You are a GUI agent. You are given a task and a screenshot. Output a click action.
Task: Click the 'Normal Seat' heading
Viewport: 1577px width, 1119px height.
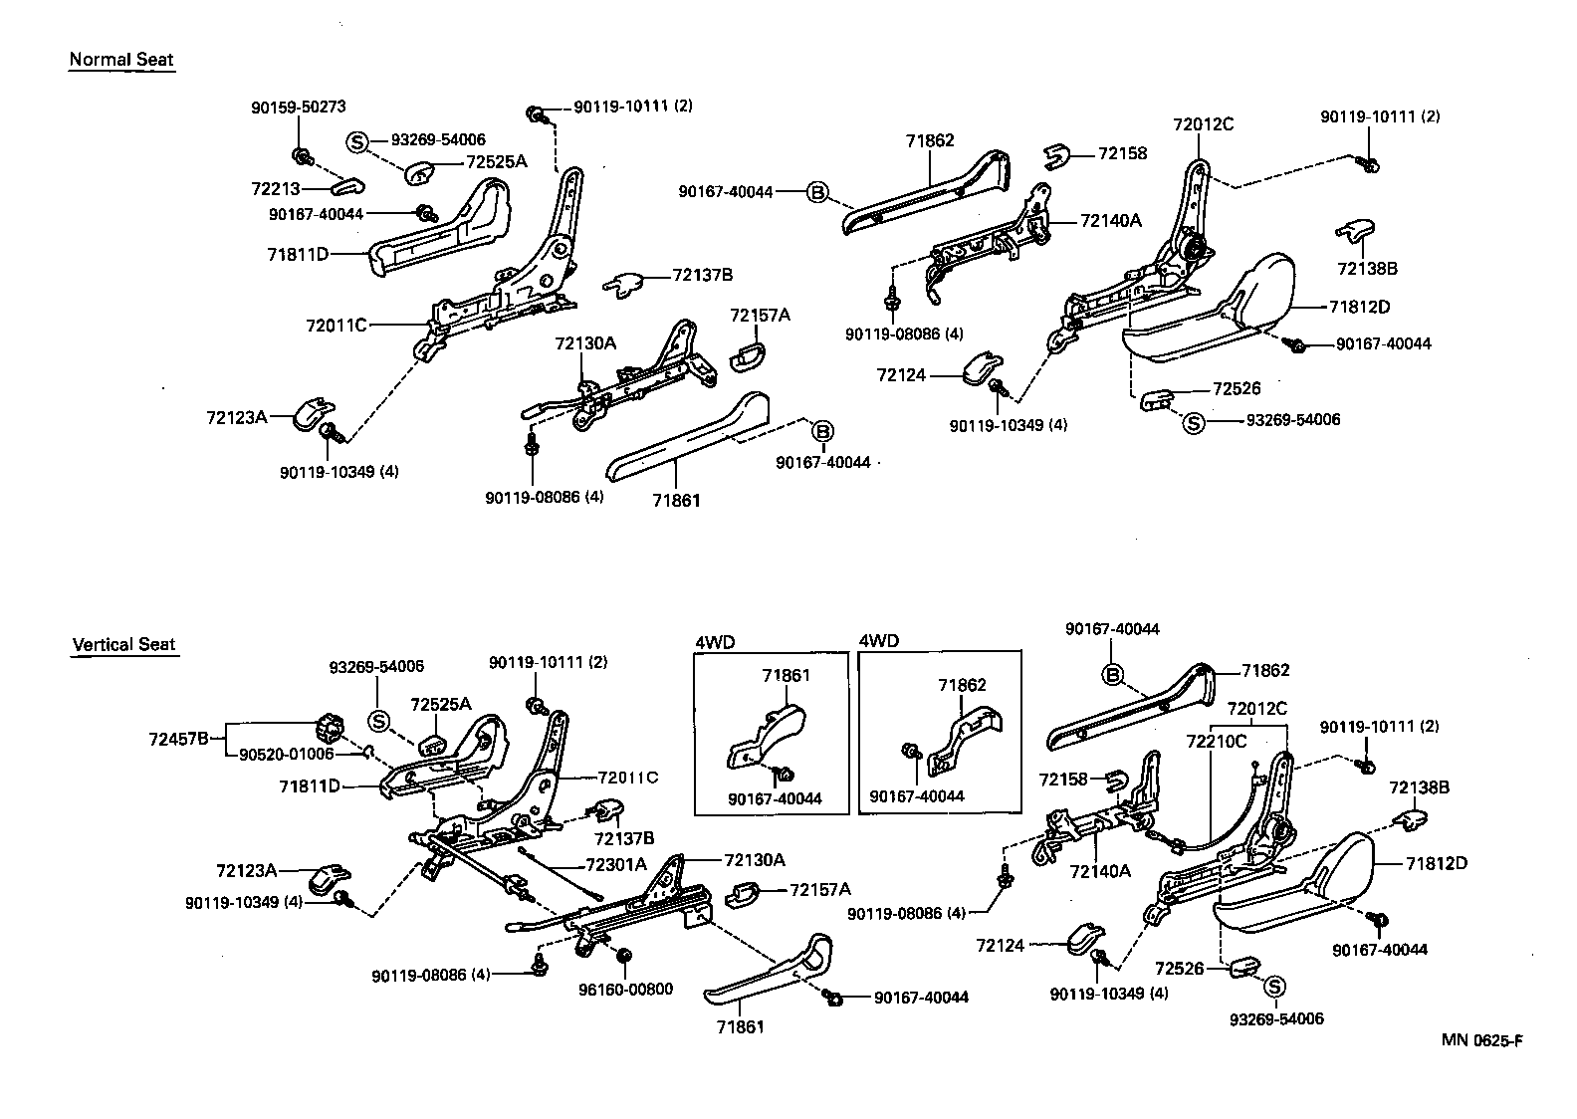(x=120, y=59)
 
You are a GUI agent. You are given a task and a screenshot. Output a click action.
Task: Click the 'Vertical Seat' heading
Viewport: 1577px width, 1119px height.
(x=123, y=644)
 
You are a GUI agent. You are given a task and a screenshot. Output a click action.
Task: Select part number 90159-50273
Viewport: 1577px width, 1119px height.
(x=298, y=108)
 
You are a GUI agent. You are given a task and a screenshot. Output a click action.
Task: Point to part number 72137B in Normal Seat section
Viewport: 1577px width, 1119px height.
(x=703, y=275)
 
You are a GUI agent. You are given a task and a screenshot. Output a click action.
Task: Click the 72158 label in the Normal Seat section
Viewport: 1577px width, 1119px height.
(x=1122, y=153)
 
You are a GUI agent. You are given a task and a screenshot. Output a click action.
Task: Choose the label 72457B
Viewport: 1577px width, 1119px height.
(x=178, y=739)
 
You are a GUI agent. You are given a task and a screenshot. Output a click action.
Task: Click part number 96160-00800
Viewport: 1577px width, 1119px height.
(x=625, y=989)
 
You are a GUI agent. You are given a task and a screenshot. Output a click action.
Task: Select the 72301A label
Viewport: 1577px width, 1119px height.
(x=614, y=864)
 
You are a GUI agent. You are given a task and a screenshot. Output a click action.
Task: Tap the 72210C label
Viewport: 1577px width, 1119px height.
(x=1217, y=741)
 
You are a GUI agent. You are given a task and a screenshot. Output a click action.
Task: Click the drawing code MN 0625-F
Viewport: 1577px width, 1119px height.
(x=1481, y=1041)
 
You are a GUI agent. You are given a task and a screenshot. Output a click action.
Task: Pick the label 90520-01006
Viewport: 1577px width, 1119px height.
(x=287, y=754)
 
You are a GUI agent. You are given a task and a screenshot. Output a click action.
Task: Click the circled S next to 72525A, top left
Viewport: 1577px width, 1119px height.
(x=356, y=141)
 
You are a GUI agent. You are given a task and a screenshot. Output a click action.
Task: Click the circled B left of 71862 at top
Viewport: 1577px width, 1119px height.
(x=816, y=192)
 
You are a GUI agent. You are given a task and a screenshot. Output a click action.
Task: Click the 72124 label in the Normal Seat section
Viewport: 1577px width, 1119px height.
(x=901, y=375)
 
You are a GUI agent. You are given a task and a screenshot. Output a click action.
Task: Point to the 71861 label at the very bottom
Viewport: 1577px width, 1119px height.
(x=740, y=1025)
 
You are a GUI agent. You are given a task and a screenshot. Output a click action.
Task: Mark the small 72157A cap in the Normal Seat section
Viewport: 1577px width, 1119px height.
(x=748, y=353)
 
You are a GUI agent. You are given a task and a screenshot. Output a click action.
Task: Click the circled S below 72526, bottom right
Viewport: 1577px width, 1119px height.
(x=1274, y=986)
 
